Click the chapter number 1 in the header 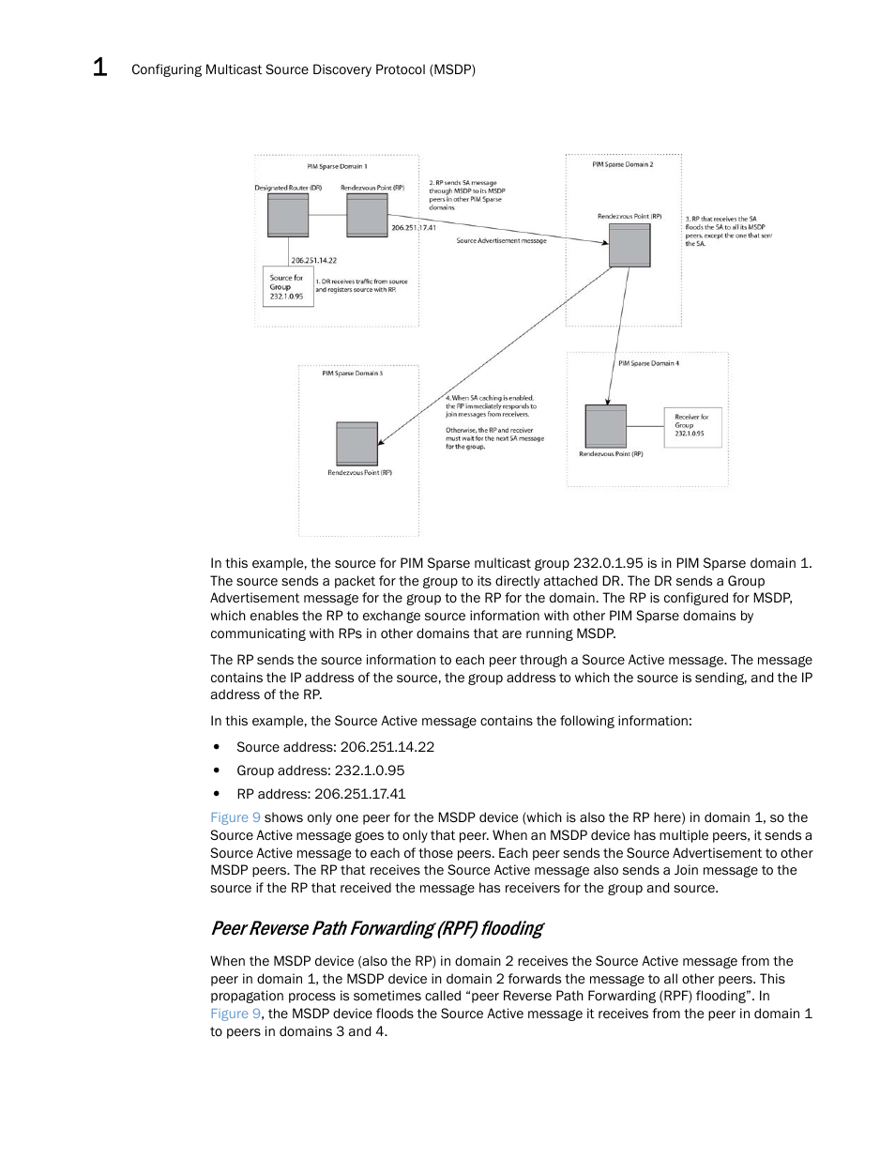click(x=99, y=68)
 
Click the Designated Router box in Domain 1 click(x=288, y=215)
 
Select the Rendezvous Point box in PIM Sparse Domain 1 click(x=367, y=215)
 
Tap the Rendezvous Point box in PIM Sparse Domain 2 click(x=630, y=246)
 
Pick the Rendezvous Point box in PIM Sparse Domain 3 click(x=357, y=443)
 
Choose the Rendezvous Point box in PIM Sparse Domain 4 click(x=605, y=426)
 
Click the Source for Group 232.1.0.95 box click(x=287, y=287)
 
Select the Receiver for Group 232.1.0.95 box click(x=693, y=426)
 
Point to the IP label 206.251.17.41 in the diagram click(x=414, y=228)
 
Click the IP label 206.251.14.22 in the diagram click(x=314, y=261)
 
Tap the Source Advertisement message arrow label click(x=501, y=241)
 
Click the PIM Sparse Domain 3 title click(x=353, y=374)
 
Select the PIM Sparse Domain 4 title click(x=648, y=363)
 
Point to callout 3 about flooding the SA click(x=728, y=231)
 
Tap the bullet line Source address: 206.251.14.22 click(x=335, y=747)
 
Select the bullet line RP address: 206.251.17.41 click(x=321, y=794)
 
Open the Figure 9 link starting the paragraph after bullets click(x=235, y=818)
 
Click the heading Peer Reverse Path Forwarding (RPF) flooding click(x=377, y=929)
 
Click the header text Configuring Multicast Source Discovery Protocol click(x=303, y=69)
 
